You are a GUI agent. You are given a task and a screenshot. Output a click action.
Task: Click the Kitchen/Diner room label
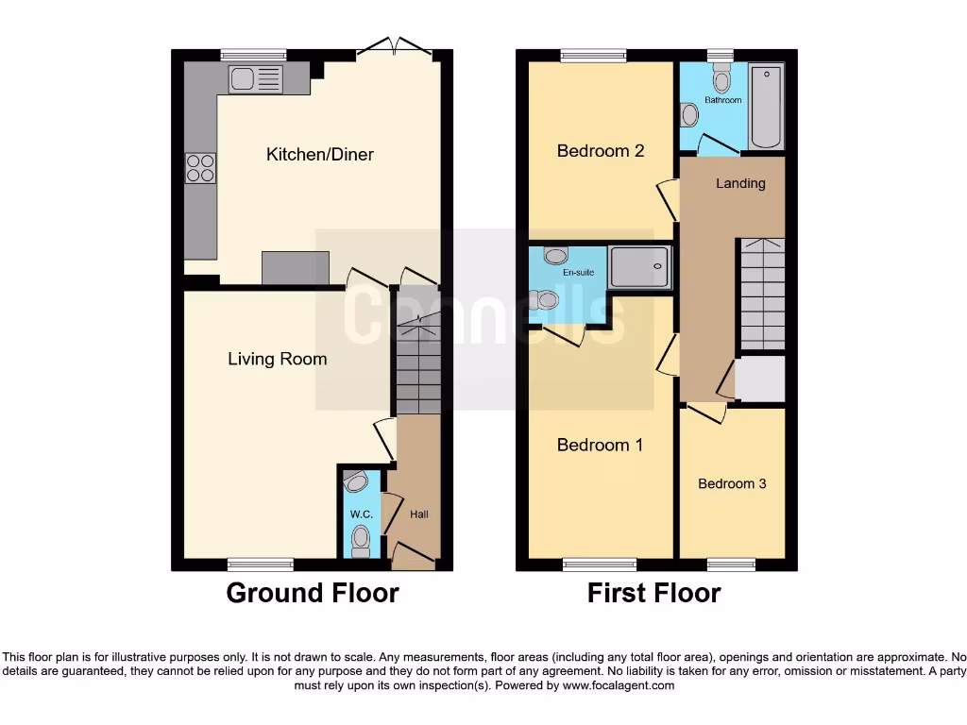[319, 154]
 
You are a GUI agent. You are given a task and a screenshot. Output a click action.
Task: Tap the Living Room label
[277, 359]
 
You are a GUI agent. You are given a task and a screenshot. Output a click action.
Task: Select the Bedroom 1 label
[600, 445]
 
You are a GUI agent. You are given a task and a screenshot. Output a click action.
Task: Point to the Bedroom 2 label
[600, 150]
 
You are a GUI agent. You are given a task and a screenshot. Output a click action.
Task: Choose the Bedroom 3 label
[732, 483]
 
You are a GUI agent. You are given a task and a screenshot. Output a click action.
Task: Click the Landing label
[740, 183]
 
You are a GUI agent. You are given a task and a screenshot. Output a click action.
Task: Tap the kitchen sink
[255, 78]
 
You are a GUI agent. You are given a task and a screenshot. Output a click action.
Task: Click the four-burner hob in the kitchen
[200, 167]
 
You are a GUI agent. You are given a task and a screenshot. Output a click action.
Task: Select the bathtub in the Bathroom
[766, 107]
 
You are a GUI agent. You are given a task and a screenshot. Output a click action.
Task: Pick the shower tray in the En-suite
[640, 267]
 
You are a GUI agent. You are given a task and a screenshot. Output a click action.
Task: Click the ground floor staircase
[417, 368]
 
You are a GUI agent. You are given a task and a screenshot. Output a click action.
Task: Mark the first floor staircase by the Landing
[761, 295]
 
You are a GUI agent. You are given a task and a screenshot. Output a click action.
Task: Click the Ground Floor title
[312, 593]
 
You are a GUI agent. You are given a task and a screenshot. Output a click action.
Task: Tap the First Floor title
[653, 593]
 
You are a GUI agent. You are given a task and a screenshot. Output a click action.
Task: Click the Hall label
[418, 514]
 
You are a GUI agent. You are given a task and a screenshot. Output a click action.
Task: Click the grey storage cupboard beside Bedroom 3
[760, 379]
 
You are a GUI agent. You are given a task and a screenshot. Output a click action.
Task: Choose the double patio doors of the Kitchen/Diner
[399, 47]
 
